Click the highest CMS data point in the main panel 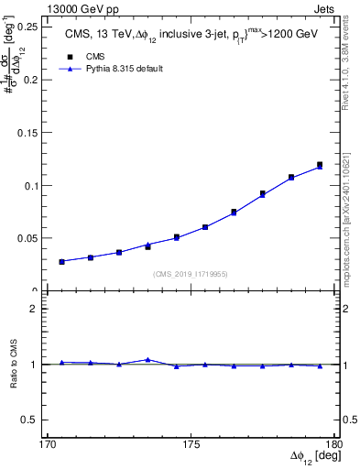(x=320, y=165)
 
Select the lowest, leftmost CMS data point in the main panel (x=62, y=261)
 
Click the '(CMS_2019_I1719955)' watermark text (x=191, y=272)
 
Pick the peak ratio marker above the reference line (x=147, y=359)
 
